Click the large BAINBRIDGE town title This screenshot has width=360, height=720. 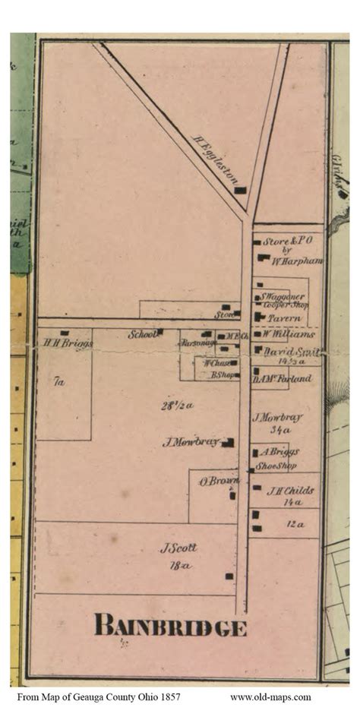click(170, 627)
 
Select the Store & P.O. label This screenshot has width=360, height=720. click(288, 241)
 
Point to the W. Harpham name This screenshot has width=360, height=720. click(297, 261)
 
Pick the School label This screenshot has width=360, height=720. click(141, 333)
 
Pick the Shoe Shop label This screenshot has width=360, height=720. click(276, 466)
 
